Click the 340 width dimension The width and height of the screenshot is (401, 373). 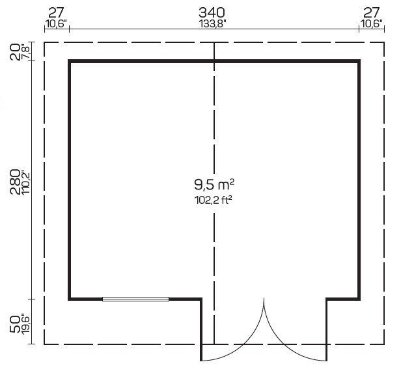pyautogui.click(x=212, y=12)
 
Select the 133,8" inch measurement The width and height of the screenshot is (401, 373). pyautogui.click(x=212, y=24)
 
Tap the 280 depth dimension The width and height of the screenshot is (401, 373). pyautogui.click(x=15, y=182)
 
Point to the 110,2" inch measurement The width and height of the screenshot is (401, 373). pyautogui.click(x=26, y=182)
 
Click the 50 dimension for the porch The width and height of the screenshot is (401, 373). pyautogui.click(x=15, y=324)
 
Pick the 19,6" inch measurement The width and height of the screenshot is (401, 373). pyautogui.click(x=26, y=324)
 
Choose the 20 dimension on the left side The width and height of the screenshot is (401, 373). pyautogui.click(x=15, y=52)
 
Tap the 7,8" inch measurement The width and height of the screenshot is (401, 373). pyautogui.click(x=26, y=52)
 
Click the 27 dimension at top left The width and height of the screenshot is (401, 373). pyautogui.click(x=56, y=12)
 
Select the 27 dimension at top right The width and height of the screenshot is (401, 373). pyautogui.click(x=372, y=12)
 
